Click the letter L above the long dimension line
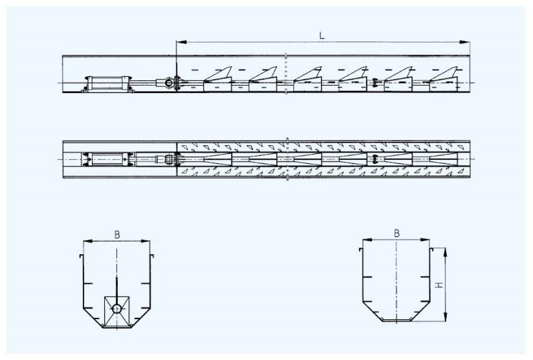pyautogui.click(x=322, y=35)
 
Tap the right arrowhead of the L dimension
pyautogui.click(x=465, y=42)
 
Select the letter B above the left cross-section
pyautogui.click(x=117, y=234)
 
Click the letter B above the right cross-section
pyautogui.click(x=397, y=234)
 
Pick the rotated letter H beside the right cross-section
pyautogui.click(x=440, y=285)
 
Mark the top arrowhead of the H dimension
pyautogui.click(x=445, y=253)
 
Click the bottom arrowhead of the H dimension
pyautogui.click(x=445, y=317)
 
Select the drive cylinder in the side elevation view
pyautogui.click(x=108, y=84)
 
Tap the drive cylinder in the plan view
pyautogui.click(x=108, y=159)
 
